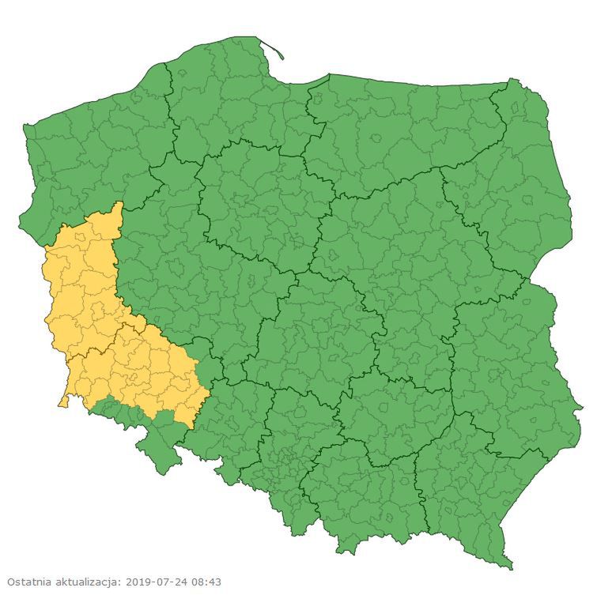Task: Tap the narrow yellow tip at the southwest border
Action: pos(62,402)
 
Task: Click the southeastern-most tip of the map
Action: pos(511,566)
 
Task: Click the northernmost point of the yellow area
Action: pos(119,204)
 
